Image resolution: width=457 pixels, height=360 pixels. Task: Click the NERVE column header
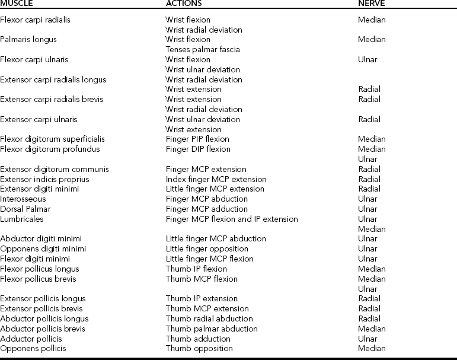tap(372, 3)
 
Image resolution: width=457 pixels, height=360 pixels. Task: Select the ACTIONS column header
tap(186, 3)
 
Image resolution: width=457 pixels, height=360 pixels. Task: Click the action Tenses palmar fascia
tap(203, 50)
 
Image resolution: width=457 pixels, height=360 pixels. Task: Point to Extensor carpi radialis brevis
tap(52, 100)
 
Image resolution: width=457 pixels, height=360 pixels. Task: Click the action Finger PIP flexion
tap(198, 139)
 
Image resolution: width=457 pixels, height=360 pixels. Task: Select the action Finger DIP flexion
tap(198, 149)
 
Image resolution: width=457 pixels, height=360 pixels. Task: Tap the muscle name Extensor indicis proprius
tap(44, 179)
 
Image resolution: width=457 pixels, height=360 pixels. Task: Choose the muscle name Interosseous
tap(23, 199)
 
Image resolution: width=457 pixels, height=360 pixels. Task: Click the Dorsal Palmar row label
tap(25, 209)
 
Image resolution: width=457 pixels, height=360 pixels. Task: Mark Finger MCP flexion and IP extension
tap(232, 219)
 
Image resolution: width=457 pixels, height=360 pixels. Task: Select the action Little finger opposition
tap(207, 249)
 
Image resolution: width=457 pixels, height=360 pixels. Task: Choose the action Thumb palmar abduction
tap(212, 329)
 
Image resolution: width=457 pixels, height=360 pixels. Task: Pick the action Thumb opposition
tap(199, 349)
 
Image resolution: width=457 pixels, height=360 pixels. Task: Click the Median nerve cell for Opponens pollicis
tap(372, 349)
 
